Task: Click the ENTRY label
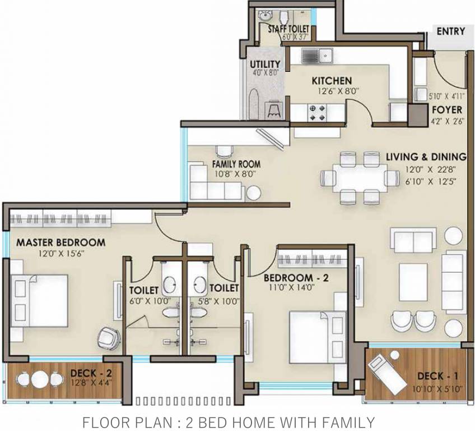pyautogui.click(x=450, y=31)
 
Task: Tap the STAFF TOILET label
pyautogui.click(x=289, y=29)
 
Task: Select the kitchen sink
pyautogui.click(x=317, y=56)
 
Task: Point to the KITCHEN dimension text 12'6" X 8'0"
pyautogui.click(x=332, y=90)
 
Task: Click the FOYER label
pyautogui.click(x=446, y=109)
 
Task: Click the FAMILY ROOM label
pyautogui.click(x=236, y=164)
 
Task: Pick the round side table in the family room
pyautogui.click(x=254, y=192)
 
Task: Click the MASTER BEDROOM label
pyautogui.click(x=60, y=242)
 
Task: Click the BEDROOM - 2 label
pyautogui.click(x=296, y=278)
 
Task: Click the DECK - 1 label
pyautogui.click(x=437, y=375)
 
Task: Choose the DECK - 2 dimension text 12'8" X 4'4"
pyautogui.click(x=92, y=384)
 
